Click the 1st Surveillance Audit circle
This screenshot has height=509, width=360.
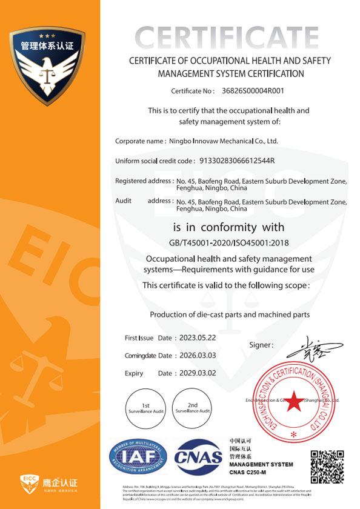point(145,407)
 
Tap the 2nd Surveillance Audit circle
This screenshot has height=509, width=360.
point(193,407)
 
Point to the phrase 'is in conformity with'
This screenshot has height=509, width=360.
point(229,228)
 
